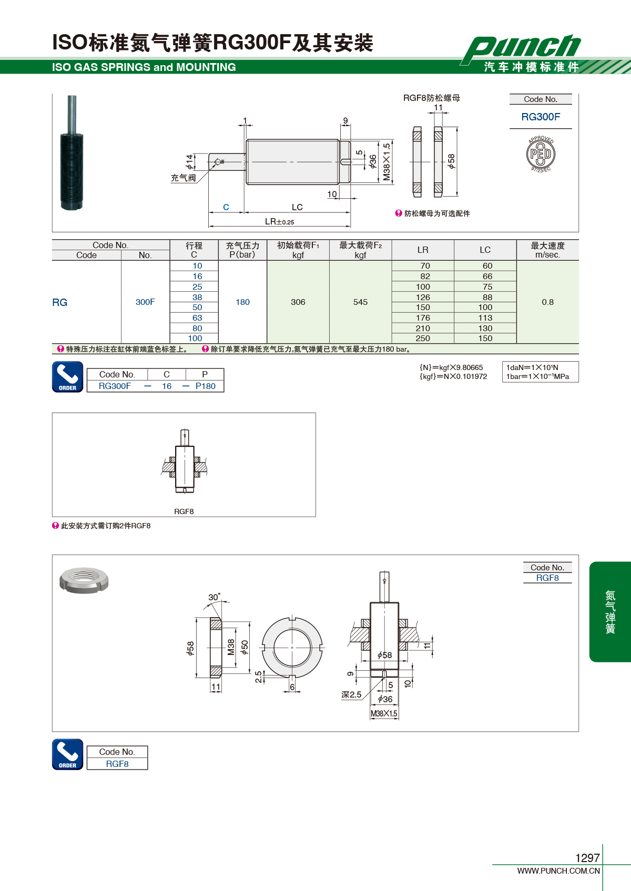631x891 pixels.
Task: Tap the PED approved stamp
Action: (x=541, y=154)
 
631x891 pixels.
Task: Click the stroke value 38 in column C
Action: (x=197, y=297)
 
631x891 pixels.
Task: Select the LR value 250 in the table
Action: (x=423, y=339)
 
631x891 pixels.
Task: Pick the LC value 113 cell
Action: (x=485, y=318)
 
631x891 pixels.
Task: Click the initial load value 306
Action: (x=298, y=302)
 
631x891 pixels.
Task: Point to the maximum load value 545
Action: (x=360, y=302)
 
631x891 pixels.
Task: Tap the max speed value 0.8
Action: (x=547, y=302)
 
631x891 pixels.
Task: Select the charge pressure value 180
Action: (x=243, y=302)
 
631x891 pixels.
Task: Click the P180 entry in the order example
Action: (x=205, y=386)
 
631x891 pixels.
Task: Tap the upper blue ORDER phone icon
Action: (x=68, y=377)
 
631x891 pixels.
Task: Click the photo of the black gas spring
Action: (x=72, y=153)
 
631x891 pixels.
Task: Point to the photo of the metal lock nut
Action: (x=84, y=580)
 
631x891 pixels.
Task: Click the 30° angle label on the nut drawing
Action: (x=214, y=597)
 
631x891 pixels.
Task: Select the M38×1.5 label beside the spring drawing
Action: (x=386, y=162)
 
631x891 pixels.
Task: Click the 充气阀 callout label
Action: (x=184, y=178)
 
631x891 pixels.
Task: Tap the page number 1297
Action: (x=587, y=858)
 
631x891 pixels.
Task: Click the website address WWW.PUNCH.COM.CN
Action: (x=558, y=871)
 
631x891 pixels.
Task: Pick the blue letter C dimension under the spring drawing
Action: (x=226, y=207)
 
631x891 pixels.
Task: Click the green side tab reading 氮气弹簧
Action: (x=610, y=612)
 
